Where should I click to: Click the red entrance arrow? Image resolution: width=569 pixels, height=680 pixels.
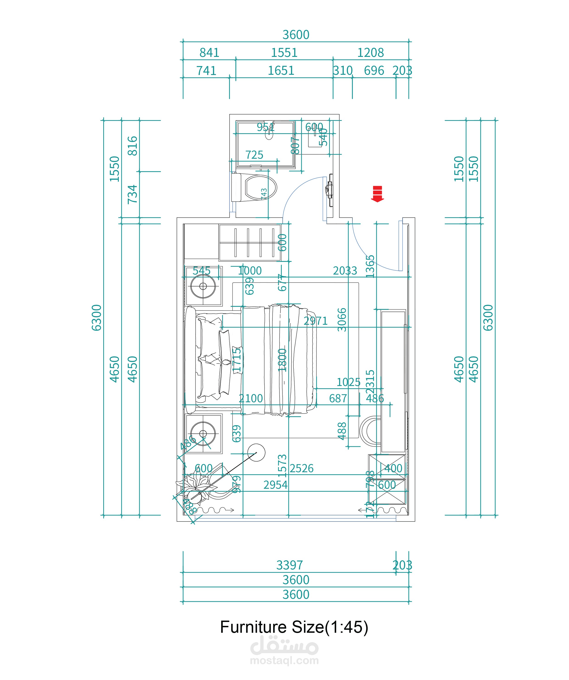pos(377,194)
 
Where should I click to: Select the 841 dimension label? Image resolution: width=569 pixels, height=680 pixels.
pos(209,53)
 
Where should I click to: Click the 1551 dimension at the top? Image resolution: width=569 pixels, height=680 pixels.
pos(284,53)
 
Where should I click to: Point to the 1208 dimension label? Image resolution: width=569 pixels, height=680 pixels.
pos(370,53)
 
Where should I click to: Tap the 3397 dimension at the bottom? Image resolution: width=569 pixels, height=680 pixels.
pos(289,565)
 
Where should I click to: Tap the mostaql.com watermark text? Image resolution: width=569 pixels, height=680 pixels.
pos(284,661)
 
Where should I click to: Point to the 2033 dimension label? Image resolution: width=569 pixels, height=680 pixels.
pos(345,271)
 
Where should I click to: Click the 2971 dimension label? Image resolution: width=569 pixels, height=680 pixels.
pos(316,321)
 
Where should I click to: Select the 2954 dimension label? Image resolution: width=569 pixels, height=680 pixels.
pos(275,485)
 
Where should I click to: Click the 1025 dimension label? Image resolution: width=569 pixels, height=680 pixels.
pos(348,382)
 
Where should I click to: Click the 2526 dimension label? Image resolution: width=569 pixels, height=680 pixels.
pos(301,468)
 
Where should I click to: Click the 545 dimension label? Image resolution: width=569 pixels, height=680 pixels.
pos(201,271)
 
